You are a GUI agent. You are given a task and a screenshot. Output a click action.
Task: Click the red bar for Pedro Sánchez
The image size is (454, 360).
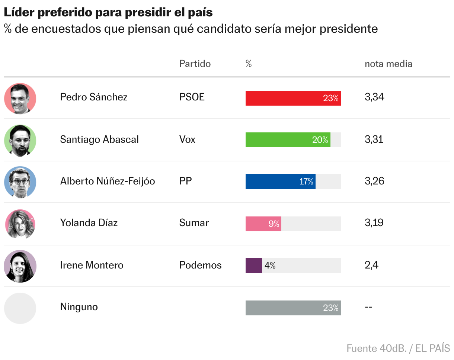tap(293, 98)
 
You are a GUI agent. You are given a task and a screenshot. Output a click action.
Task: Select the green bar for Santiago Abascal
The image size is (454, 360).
tap(288, 140)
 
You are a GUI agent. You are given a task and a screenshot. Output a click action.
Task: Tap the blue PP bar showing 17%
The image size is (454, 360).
tap(280, 181)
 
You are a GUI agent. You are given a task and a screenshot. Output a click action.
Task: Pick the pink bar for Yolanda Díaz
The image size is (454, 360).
tap(263, 224)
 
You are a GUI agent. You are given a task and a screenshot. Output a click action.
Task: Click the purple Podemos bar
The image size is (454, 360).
tap(253, 266)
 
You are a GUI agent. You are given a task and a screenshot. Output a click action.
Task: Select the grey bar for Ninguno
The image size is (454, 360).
tap(293, 308)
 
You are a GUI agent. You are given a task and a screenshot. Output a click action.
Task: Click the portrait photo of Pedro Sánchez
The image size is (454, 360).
tap(20, 99)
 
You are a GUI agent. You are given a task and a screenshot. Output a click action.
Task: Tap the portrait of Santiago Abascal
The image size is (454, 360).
tap(20, 141)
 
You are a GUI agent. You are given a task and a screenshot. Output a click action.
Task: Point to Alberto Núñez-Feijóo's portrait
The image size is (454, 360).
tap(20, 182)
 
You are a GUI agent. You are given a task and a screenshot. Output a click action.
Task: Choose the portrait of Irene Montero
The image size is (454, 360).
tap(20, 266)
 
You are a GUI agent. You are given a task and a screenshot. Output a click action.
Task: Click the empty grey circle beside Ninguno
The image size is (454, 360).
tap(20, 308)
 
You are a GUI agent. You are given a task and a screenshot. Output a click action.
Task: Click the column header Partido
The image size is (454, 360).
tap(195, 64)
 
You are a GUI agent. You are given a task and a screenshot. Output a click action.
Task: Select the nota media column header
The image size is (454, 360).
tap(388, 64)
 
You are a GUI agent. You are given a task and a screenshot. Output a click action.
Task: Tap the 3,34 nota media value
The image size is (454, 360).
tap(374, 97)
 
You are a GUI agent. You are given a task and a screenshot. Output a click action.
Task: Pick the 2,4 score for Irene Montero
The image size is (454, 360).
tap(371, 265)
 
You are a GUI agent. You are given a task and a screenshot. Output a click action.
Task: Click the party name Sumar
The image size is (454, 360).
tap(194, 223)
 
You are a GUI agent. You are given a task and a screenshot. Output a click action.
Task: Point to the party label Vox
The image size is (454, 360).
tap(187, 139)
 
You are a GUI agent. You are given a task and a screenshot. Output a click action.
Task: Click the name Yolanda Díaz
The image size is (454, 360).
tap(89, 223)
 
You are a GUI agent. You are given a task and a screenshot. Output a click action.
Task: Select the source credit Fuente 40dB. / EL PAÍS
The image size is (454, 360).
tap(398, 348)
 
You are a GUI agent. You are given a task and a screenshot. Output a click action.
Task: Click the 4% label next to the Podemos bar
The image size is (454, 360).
tap(270, 266)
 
